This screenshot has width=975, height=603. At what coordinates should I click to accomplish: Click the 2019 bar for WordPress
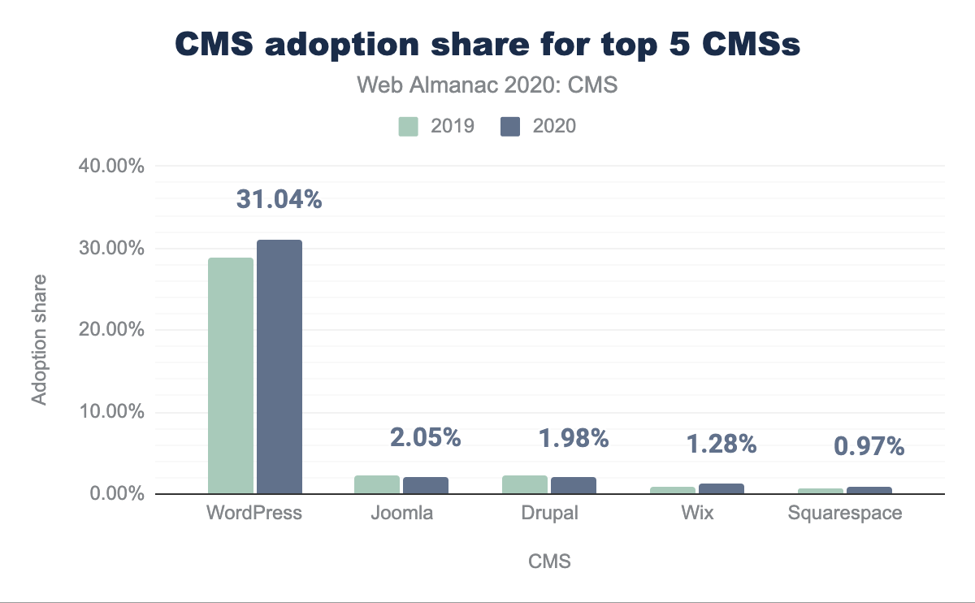[231, 375]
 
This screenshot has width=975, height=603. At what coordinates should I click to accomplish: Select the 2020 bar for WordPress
[279, 367]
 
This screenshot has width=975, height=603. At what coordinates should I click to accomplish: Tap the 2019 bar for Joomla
[377, 484]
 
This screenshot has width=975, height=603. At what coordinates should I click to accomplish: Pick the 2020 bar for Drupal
[574, 485]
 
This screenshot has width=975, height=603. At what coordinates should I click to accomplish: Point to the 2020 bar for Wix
[721, 488]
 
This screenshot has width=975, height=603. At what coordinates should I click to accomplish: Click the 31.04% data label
[279, 199]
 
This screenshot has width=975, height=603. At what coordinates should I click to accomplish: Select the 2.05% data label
[426, 438]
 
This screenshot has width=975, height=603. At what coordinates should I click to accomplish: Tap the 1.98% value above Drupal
[574, 438]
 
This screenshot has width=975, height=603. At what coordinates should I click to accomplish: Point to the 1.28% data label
[721, 444]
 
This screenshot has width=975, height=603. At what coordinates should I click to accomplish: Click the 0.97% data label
[869, 446]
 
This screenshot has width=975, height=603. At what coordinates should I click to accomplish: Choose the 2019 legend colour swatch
[408, 126]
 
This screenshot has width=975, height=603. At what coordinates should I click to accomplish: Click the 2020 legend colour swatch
[510, 126]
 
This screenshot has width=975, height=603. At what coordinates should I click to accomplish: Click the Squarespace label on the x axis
[845, 514]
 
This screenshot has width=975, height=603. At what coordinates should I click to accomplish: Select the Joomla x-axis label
[402, 514]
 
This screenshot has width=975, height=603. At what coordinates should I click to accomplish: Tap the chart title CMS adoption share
[487, 46]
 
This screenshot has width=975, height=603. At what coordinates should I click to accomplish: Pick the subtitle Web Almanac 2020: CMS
[487, 85]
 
